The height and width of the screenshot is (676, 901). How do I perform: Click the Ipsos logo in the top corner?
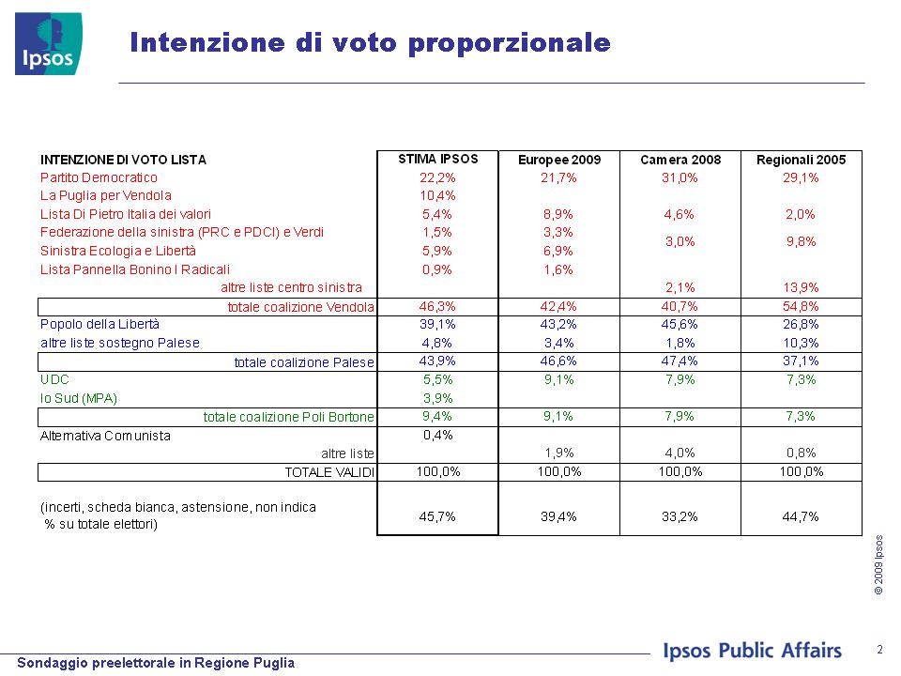(x=49, y=44)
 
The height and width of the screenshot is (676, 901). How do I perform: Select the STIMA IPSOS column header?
(x=438, y=160)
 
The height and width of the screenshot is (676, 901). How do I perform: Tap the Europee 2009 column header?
(x=559, y=160)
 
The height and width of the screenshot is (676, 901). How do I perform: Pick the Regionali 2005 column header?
(x=801, y=160)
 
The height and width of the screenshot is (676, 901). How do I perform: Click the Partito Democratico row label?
(x=99, y=177)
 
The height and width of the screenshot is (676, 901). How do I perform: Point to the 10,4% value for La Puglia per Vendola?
(x=437, y=196)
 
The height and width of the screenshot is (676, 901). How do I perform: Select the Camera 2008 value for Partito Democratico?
(x=680, y=177)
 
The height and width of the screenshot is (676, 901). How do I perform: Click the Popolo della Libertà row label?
(x=100, y=324)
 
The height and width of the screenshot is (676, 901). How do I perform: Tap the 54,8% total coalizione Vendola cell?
(x=801, y=306)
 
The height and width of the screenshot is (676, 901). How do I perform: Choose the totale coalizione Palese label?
(x=304, y=362)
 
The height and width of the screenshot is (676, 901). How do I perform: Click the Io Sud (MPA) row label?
(x=79, y=398)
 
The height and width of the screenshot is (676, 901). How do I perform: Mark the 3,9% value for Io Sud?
(x=437, y=398)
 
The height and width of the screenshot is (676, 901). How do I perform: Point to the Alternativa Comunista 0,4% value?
(x=438, y=435)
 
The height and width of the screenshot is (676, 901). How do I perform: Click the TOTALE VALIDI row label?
(x=329, y=472)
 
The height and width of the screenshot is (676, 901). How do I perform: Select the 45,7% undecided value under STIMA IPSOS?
(x=437, y=516)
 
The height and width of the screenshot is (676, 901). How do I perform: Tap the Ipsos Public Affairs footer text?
(x=752, y=651)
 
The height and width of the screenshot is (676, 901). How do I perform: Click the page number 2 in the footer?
(x=879, y=650)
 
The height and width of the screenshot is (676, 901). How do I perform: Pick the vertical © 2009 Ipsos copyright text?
(x=878, y=565)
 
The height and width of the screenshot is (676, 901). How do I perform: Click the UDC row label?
(x=54, y=380)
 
